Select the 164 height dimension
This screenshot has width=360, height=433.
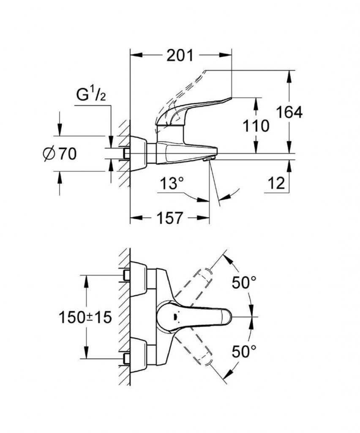[x=289, y=112]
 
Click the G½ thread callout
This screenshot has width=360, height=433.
[x=90, y=95]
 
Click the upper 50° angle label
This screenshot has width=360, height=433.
[x=244, y=282]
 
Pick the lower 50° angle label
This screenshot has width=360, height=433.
[x=244, y=351]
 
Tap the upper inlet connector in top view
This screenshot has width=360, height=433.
[x=125, y=276]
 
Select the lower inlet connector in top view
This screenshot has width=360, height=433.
[x=125, y=359]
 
